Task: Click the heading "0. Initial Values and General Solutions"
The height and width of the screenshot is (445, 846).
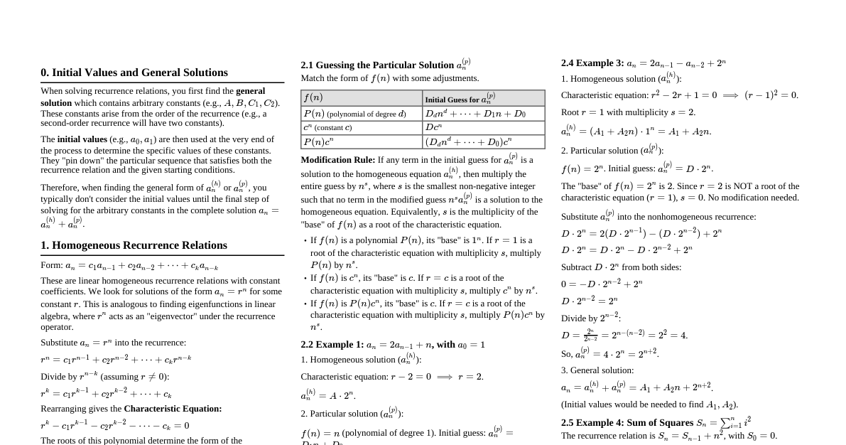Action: pos(134,73)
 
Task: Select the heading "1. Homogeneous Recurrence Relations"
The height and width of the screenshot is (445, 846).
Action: pos(134,245)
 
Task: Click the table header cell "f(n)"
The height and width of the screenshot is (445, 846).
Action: pos(362,98)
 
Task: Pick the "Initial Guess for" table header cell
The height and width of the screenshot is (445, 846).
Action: pos(483,98)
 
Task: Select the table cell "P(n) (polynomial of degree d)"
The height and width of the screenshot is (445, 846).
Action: pos(362,114)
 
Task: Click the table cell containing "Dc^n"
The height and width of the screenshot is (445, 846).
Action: pos(483,127)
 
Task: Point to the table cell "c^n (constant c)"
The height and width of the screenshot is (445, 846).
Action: pos(362,127)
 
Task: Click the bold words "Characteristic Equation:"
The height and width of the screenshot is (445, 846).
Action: pos(173,409)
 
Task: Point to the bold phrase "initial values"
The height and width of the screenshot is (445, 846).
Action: pos(82,139)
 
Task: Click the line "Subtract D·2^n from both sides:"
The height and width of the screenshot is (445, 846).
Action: pos(621,267)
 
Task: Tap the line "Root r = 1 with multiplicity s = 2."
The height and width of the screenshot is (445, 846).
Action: pos(628,112)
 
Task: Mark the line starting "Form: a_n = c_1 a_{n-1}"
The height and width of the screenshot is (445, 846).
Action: pos(129,266)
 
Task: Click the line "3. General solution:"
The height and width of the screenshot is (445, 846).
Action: pos(597,370)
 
